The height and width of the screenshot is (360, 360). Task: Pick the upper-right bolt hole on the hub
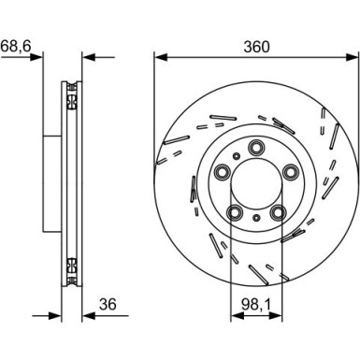pyautogui.click(x=290, y=171)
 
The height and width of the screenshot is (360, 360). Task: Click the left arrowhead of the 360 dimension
pyautogui.click(x=159, y=56)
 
